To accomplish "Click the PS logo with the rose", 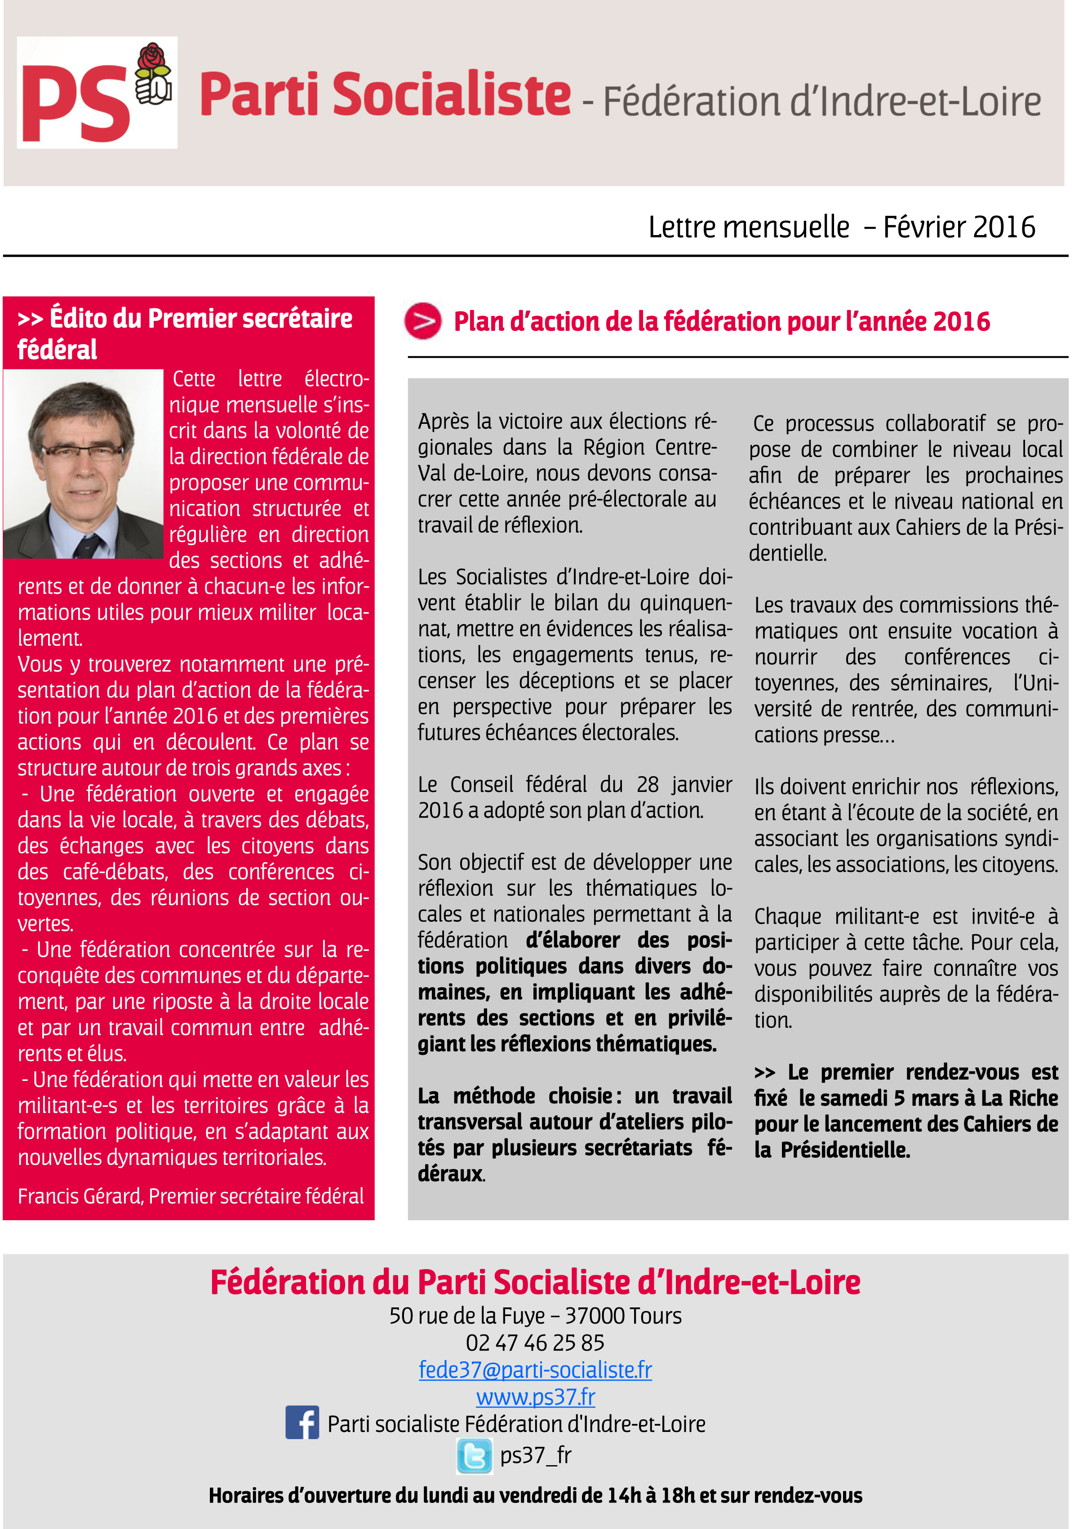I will pyautogui.click(x=97, y=93).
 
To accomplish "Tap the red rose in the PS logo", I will pyautogui.click(x=153, y=59).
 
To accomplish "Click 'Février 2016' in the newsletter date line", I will pyautogui.click(x=959, y=227).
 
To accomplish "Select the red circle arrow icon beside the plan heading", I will pyautogui.click(x=423, y=321).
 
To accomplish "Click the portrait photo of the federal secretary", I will pyautogui.click(x=84, y=464).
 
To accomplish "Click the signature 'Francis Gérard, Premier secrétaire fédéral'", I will pyautogui.click(x=190, y=1196).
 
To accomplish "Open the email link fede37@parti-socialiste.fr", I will pyautogui.click(x=535, y=1369).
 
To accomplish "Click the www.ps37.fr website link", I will pyautogui.click(x=535, y=1397).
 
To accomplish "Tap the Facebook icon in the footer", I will pyautogui.click(x=302, y=1423).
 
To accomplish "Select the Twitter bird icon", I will pyautogui.click(x=475, y=1456).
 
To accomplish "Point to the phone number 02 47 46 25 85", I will pyautogui.click(x=535, y=1343).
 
